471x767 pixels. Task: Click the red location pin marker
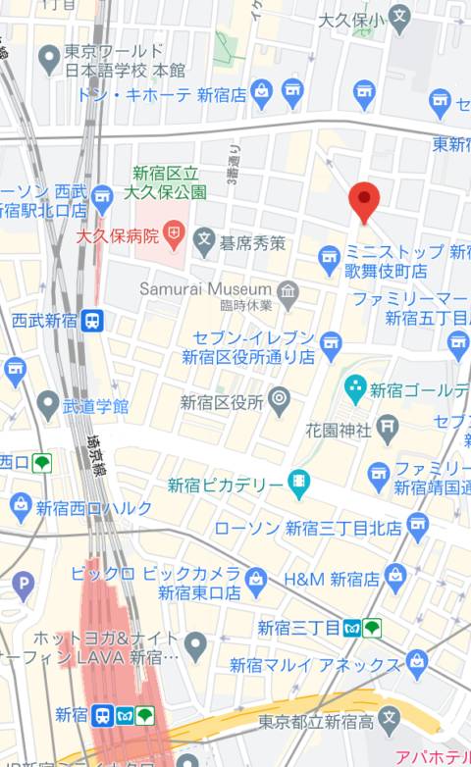pyautogui.click(x=364, y=201)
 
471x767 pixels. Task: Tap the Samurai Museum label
pyautogui.click(x=205, y=289)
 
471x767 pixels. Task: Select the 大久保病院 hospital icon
pyautogui.click(x=174, y=233)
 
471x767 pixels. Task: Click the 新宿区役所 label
pyautogui.click(x=222, y=400)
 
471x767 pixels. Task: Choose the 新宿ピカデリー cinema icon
pyautogui.click(x=299, y=482)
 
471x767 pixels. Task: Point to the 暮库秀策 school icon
pyautogui.click(x=204, y=238)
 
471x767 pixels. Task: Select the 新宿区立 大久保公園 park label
pyautogui.click(x=170, y=181)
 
